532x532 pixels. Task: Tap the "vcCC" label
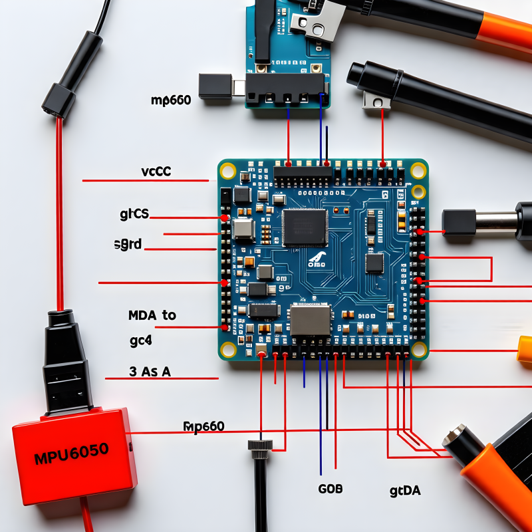156,172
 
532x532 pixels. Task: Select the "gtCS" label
134,214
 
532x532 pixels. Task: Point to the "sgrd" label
128,244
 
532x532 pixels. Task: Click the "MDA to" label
152,315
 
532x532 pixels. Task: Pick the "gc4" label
141,341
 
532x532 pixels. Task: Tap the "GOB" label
331,489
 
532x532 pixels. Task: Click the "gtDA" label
405,491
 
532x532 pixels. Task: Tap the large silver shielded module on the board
311,320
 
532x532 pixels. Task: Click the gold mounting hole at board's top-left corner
227,170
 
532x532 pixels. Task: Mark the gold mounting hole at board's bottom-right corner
419,349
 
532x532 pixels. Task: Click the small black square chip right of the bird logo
375,263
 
